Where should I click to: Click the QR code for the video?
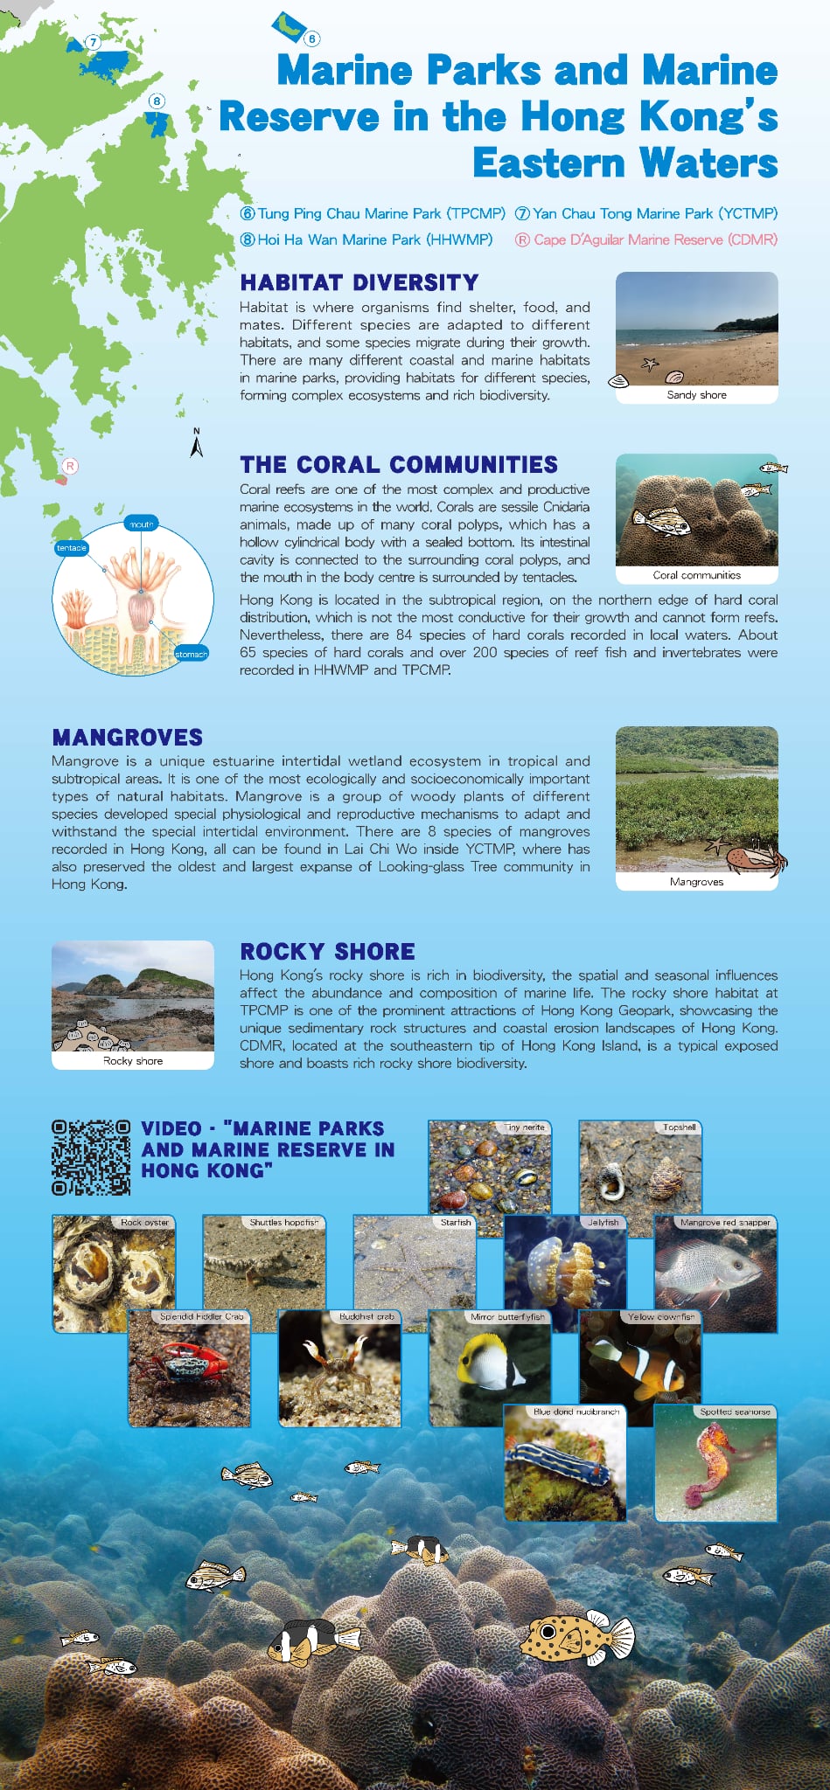91,1157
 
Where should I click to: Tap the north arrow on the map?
197,443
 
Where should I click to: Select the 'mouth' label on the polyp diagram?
141,524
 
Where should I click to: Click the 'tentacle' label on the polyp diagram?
71,548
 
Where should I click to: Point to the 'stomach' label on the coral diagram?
191,654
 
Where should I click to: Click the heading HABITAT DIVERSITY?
359,282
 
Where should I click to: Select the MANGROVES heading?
128,737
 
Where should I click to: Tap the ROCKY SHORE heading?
328,951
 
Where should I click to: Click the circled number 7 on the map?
93,42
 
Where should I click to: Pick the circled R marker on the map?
70,466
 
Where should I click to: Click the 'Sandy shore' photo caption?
696,395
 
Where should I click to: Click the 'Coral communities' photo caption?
696,575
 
